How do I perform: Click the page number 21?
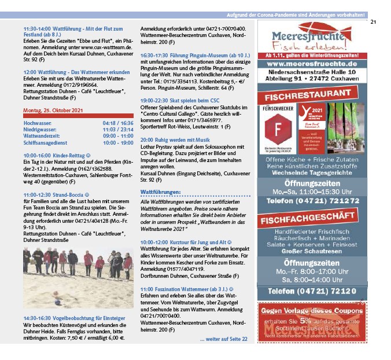point(373,23)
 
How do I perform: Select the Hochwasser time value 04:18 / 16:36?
point(118,123)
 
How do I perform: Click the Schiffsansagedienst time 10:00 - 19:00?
point(118,142)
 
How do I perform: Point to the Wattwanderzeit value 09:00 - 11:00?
point(118,136)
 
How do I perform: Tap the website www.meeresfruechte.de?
point(311,64)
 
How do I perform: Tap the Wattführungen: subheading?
point(161,191)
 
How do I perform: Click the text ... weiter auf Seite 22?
point(223,339)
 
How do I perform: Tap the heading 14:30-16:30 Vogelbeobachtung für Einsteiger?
point(74,318)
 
